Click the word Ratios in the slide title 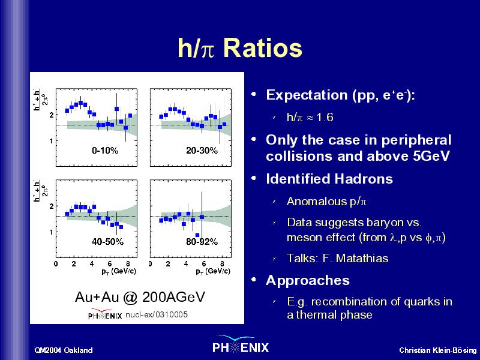tap(263, 48)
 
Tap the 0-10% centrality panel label tap(105, 151)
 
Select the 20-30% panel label tap(202, 151)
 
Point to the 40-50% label tap(107, 242)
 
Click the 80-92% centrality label tap(202, 242)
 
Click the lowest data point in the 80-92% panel tap(197, 235)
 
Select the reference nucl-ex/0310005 tap(157, 314)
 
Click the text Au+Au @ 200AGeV tap(140, 297)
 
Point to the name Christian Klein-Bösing tap(438, 350)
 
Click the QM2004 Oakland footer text tap(64, 350)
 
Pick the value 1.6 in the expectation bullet tap(325, 117)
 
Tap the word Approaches tap(308, 280)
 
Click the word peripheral tap(416, 140)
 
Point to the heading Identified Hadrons tap(329, 179)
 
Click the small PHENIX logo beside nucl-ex tap(105, 314)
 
